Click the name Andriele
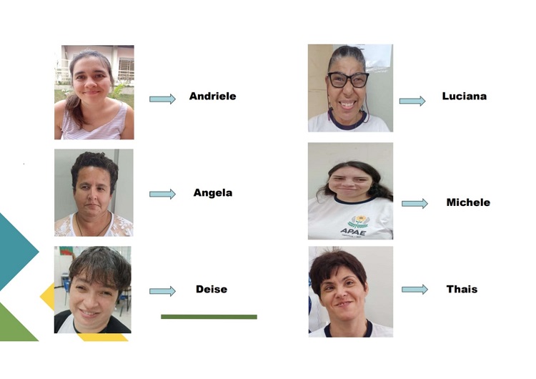[212, 96]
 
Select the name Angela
[212, 192]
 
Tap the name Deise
[212, 289]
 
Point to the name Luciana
[464, 96]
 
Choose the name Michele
[468, 202]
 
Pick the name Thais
[462, 289]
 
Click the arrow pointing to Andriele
[162, 99]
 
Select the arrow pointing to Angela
[162, 194]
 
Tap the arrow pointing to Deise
[162, 291]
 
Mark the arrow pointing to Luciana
[412, 101]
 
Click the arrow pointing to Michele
[415, 204]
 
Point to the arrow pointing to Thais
[415, 290]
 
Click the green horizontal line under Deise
[209, 316]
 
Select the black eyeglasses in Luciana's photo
[348, 79]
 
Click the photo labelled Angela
[94, 193]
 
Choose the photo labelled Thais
[350, 291]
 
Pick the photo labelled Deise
[93, 290]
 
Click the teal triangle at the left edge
[16, 250]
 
